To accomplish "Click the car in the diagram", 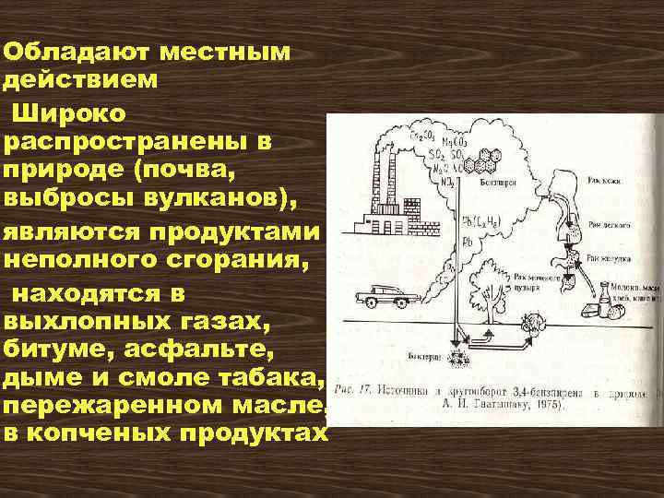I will coord(376,297).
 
